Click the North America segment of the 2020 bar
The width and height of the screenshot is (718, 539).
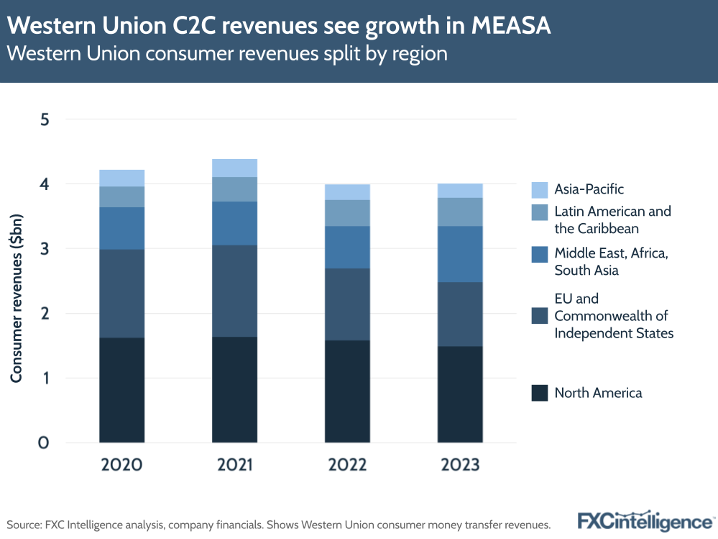(x=122, y=389)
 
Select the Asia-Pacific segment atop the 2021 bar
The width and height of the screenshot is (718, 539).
(x=234, y=168)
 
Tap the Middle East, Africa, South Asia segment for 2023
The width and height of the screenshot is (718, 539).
(x=460, y=254)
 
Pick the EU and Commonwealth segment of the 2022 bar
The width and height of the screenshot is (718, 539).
(x=347, y=304)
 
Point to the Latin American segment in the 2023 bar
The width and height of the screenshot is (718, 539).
(x=460, y=212)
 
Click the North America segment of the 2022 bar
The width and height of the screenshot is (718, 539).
(x=347, y=391)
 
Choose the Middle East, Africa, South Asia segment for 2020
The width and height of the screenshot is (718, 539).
(x=122, y=228)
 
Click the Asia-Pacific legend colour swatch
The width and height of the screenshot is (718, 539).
(x=540, y=190)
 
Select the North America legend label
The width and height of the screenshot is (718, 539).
(x=598, y=393)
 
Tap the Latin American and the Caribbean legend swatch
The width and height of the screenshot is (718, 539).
(x=540, y=212)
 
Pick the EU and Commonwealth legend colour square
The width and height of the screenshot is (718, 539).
(x=540, y=315)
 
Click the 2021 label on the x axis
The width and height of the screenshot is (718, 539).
(x=234, y=465)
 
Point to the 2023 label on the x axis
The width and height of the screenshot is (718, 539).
(x=460, y=465)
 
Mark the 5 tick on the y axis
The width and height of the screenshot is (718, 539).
(x=45, y=119)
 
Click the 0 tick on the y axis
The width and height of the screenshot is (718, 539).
(x=45, y=443)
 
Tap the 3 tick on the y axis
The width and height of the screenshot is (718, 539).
(x=45, y=249)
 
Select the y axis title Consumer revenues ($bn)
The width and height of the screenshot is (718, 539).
(x=17, y=297)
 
